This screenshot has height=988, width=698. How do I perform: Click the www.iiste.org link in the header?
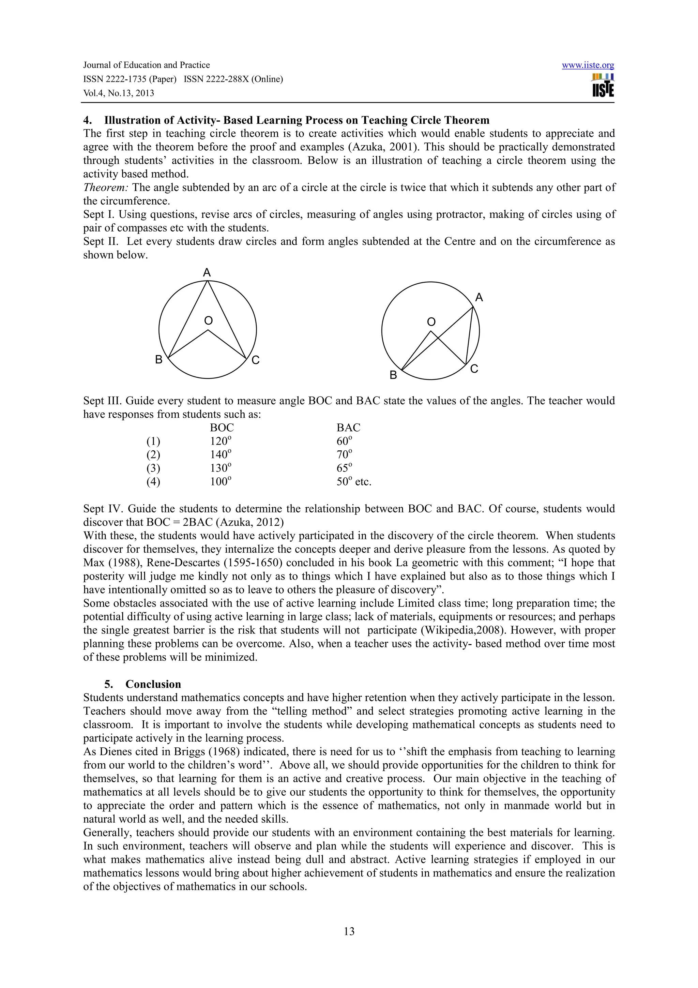tap(588, 65)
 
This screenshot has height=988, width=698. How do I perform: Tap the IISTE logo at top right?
tap(603, 86)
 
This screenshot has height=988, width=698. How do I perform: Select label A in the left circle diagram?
tap(207, 273)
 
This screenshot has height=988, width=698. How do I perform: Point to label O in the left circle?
tap(208, 320)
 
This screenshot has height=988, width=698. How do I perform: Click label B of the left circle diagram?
tap(159, 360)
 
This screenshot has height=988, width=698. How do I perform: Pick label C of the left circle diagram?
tap(256, 360)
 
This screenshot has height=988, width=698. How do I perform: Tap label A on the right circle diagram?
tap(479, 297)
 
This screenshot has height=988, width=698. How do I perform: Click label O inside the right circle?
tap(431, 322)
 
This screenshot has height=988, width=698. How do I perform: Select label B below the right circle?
tap(393, 375)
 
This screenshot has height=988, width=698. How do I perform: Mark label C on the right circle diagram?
tap(474, 369)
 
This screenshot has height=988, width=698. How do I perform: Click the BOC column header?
tap(222, 428)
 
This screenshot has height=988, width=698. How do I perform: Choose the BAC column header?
tap(348, 428)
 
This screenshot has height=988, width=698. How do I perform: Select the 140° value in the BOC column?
tap(220, 455)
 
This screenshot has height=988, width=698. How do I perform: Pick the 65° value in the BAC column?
tap(344, 468)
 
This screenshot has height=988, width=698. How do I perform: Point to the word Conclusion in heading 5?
tap(153, 684)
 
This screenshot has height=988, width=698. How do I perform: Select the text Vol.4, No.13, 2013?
tap(119, 93)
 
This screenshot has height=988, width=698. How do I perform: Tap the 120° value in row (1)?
tap(220, 441)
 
